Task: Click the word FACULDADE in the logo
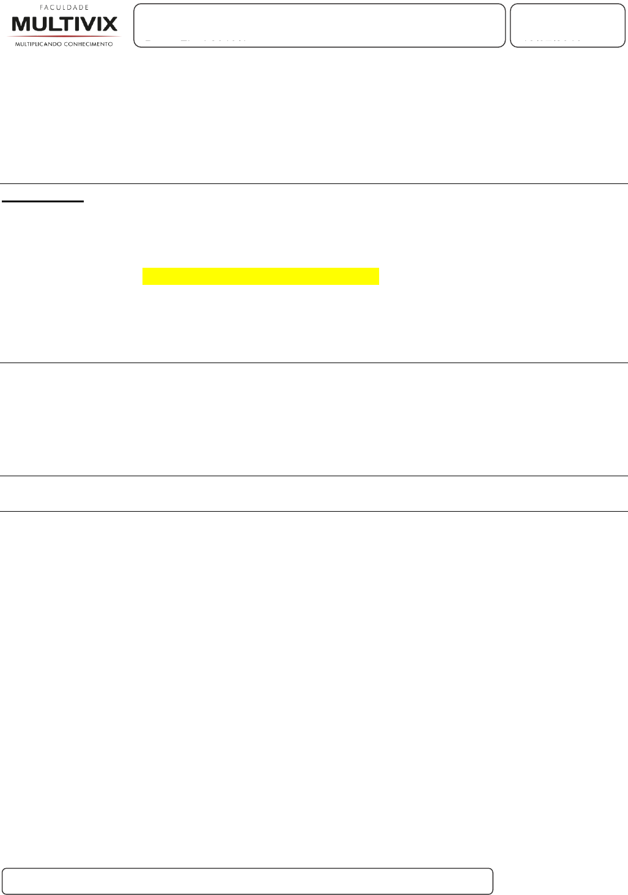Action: [64, 8]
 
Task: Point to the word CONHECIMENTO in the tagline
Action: [89, 44]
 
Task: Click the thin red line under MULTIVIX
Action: [64, 36]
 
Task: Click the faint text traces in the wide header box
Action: [196, 41]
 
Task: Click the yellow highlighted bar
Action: [260, 276]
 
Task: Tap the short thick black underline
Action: [42, 200]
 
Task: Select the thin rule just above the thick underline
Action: [314, 183]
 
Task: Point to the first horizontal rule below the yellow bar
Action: [314, 363]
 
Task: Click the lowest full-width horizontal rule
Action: [314, 511]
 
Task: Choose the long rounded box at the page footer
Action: [247, 881]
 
